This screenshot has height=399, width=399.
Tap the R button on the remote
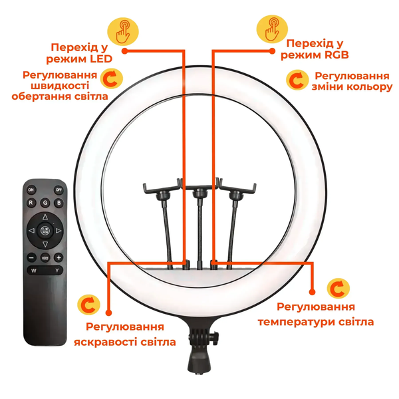pyautogui.click(x=31, y=203)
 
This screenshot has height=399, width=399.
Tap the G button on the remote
pyautogui.click(x=45, y=203)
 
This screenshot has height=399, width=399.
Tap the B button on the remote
pyautogui.click(x=59, y=203)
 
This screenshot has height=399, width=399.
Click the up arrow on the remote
pyautogui.click(x=45, y=217)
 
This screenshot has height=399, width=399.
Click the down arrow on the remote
pyautogui.click(x=45, y=244)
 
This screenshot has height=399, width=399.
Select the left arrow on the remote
pyautogui.click(x=31, y=231)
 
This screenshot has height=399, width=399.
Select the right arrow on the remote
pyautogui.click(x=59, y=231)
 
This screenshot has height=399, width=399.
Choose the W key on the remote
pyautogui.click(x=34, y=271)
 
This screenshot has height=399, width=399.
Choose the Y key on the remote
pyautogui.click(x=57, y=271)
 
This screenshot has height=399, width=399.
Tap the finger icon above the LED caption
pyautogui.click(x=123, y=31)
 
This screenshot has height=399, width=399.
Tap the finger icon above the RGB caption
pyautogui.click(x=272, y=29)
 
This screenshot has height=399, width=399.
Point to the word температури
pyautogui.click(x=297, y=322)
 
